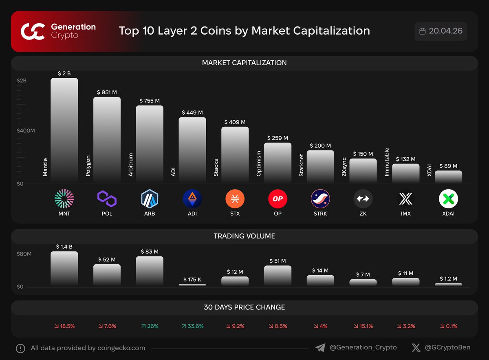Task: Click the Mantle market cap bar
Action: [x=64, y=130]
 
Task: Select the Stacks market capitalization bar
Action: [x=235, y=155]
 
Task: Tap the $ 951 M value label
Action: [x=107, y=92]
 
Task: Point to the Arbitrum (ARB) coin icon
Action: [x=150, y=199]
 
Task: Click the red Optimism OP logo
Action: [x=278, y=199]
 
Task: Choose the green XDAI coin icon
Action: [x=448, y=199]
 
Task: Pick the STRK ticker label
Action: [x=320, y=213]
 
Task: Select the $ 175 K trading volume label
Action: [x=192, y=280]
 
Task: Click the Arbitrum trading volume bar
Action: [x=150, y=271]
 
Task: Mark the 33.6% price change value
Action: [x=192, y=326]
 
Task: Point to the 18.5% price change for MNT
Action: [x=64, y=326]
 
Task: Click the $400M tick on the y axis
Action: [x=26, y=131]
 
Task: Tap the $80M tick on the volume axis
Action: [x=24, y=254]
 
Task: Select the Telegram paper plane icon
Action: [x=320, y=348]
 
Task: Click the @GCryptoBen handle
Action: [x=447, y=348]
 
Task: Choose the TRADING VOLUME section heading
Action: [x=244, y=236]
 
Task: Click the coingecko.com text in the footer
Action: [x=121, y=348]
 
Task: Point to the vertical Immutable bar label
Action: [x=387, y=162]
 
